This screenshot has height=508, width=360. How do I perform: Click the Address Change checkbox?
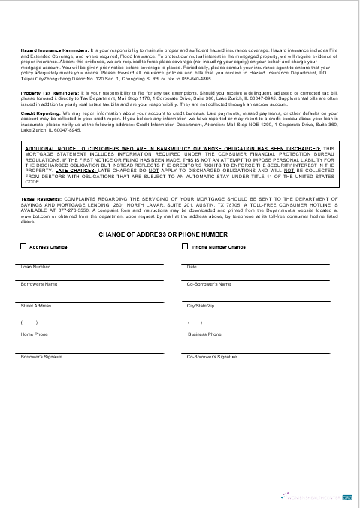click(23, 246)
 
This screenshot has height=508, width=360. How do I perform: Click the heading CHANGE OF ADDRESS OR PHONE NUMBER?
click(174, 235)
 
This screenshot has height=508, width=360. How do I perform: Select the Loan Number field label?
click(35, 267)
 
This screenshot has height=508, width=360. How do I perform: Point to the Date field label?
click(191, 267)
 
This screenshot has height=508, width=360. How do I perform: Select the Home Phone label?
click(34, 334)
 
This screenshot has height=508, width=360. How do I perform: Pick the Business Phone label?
click(204, 334)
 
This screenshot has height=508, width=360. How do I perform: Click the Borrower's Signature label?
click(41, 357)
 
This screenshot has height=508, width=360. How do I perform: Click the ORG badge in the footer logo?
click(346, 497)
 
